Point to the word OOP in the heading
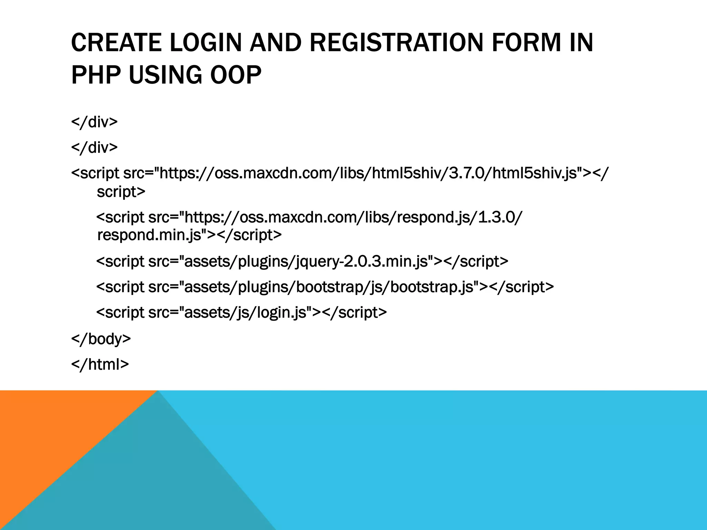(x=236, y=75)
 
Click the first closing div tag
(x=94, y=122)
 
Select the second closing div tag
(x=94, y=147)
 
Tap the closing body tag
(x=101, y=338)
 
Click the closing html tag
(x=100, y=364)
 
